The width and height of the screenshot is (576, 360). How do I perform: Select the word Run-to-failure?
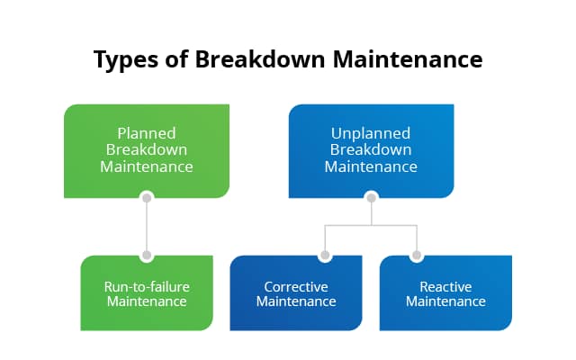(147, 286)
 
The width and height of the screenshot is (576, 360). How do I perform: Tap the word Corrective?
(296, 286)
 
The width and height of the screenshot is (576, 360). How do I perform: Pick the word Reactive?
(445, 286)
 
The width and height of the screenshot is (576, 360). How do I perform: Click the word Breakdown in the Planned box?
(147, 149)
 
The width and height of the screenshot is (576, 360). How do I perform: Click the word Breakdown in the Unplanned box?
(371, 149)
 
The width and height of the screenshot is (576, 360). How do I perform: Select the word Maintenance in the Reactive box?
(445, 301)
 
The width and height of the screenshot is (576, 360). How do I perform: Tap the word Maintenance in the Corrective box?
(296, 301)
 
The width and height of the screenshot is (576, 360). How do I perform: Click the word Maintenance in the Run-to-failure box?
(147, 301)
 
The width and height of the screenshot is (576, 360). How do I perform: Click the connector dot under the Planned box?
(147, 197)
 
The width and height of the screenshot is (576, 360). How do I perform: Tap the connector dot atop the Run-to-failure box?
(147, 256)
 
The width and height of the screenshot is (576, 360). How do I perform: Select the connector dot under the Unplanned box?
(371, 197)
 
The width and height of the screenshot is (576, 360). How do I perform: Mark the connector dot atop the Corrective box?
(324, 256)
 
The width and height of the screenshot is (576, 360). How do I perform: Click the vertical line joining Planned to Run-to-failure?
(147, 226)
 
